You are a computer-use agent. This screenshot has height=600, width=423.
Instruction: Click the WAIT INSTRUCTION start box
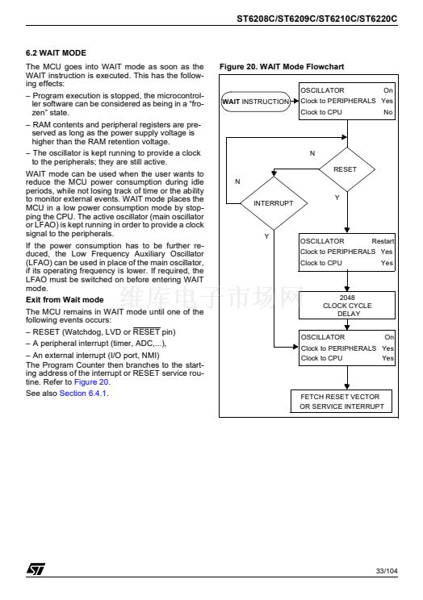tap(256, 102)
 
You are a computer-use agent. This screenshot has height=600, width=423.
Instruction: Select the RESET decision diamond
tap(347, 169)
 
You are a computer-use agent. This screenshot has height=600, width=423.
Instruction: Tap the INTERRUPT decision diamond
tap(274, 203)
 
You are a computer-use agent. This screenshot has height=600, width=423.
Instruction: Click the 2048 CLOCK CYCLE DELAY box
tap(347, 306)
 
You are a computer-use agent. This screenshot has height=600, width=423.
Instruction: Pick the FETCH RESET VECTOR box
tap(341, 402)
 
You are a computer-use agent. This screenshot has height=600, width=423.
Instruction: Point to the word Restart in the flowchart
tap(383, 241)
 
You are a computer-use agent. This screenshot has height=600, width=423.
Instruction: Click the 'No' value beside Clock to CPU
tap(387, 112)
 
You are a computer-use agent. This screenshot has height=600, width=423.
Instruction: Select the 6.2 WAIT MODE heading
tap(56, 52)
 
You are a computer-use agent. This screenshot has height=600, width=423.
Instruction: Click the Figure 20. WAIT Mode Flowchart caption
tap(282, 67)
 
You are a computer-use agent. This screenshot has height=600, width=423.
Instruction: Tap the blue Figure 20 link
tap(91, 382)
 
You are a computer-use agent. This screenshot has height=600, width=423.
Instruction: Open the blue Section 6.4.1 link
tap(83, 394)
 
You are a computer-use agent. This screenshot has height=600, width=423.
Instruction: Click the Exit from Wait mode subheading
tap(65, 300)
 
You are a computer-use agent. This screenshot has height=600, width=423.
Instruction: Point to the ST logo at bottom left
tap(36, 569)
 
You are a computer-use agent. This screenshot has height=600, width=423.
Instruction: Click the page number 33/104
tap(387, 571)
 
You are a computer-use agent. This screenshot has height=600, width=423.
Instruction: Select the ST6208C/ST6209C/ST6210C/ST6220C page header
tap(317, 19)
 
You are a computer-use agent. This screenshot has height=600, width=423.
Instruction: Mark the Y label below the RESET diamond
tap(337, 198)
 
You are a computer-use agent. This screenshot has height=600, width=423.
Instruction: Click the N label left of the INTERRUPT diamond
tap(237, 181)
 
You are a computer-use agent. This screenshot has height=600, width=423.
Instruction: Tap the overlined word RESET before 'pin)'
tap(146, 331)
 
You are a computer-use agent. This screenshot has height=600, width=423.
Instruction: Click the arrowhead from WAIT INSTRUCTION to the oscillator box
tap(295, 102)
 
